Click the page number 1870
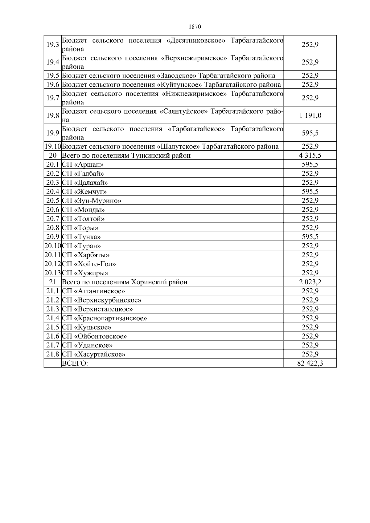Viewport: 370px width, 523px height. click(195, 27)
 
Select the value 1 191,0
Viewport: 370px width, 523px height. click(310, 116)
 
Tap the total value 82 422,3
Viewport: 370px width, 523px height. click(310, 363)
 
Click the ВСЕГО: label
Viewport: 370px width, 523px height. click(75, 363)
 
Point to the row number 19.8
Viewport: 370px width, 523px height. click(53, 116)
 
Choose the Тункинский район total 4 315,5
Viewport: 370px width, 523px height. click(310, 155)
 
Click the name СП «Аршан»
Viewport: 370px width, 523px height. click(83, 164)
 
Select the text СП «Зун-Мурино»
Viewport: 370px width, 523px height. click(92, 201)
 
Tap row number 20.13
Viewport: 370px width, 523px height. click(53, 273)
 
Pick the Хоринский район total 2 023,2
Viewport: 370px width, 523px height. click(310, 282)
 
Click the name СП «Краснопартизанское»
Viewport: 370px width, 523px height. click(104, 318)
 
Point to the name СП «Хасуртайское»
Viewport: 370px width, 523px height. click(94, 354)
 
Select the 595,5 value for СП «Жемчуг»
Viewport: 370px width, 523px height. click(310, 192)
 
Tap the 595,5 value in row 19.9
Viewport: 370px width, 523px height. click(310, 133)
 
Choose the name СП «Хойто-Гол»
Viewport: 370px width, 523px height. click(89, 264)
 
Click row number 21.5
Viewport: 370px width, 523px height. click(53, 327)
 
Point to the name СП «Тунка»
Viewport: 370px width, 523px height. click(81, 237)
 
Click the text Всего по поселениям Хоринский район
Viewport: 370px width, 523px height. click(125, 282)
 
